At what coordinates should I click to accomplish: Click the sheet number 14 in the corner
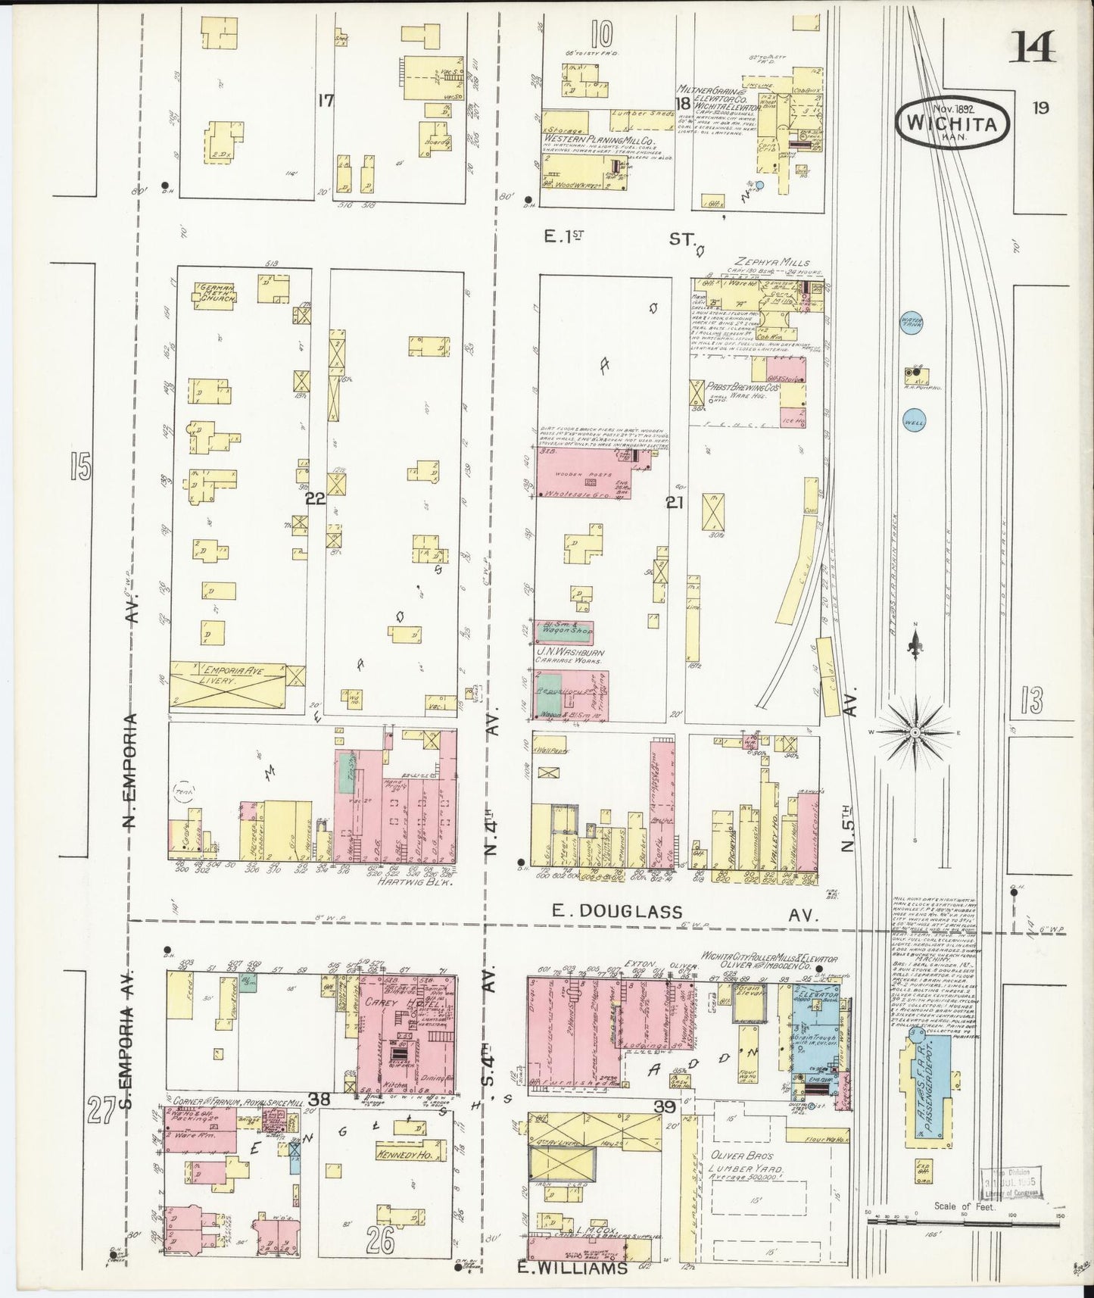tap(1032, 50)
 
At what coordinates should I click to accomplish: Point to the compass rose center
tap(915, 733)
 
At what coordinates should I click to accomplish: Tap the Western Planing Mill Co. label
tap(598, 142)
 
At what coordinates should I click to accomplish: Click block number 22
tap(314, 498)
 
